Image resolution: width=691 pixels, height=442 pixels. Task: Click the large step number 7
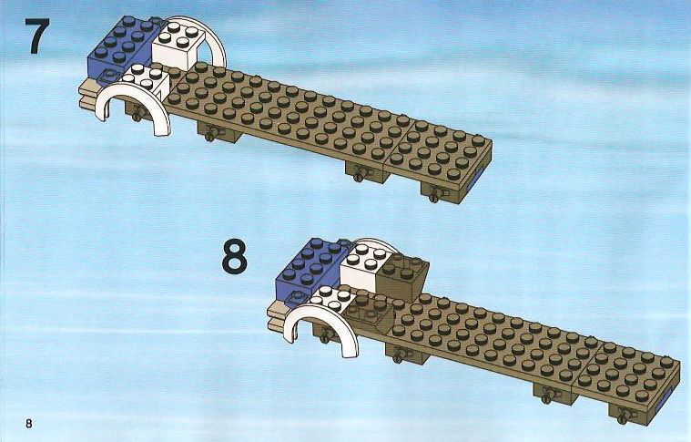pyautogui.click(x=37, y=36)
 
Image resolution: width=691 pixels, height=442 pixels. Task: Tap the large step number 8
pyautogui.click(x=234, y=256)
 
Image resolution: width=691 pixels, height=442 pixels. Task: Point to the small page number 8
pyautogui.click(x=29, y=424)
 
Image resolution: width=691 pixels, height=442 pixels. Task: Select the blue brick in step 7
pyautogui.click(x=119, y=49)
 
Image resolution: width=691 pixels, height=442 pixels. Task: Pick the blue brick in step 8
pyautogui.click(x=308, y=272)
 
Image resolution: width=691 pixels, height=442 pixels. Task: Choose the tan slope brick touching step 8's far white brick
pyautogui.click(x=402, y=276)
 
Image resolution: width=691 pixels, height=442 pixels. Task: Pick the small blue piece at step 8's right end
pyautogui.click(x=665, y=400)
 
